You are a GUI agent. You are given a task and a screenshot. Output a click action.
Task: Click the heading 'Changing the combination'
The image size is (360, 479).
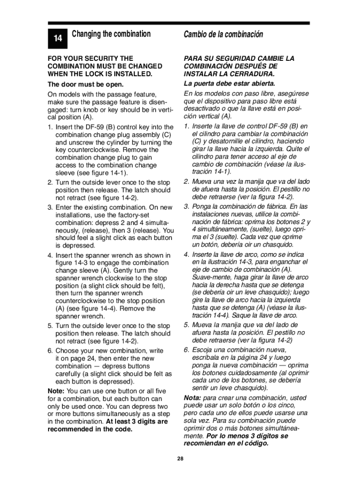111,34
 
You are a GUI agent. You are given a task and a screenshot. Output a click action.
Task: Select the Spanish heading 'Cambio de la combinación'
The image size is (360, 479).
223,35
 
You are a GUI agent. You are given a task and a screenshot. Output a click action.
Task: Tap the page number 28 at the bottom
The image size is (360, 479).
180,458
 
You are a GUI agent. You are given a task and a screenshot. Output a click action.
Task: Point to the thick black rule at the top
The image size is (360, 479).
180,22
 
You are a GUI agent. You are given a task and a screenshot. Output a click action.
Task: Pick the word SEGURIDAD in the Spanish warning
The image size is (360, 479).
236,58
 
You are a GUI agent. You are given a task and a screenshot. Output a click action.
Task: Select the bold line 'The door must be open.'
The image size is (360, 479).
86,85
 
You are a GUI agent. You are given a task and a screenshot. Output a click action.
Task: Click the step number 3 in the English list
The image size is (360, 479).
50,207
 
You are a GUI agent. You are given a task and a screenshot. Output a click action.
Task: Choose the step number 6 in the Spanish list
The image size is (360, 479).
186,350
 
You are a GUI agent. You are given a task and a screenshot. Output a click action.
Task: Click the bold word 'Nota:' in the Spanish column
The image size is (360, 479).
193,398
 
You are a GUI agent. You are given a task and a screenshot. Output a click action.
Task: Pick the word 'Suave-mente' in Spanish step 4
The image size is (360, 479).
210,277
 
